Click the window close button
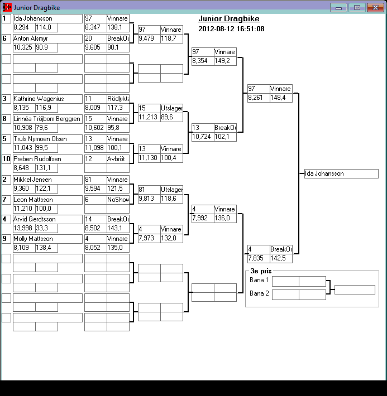click(x=374, y=7)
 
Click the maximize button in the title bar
click(x=356, y=7)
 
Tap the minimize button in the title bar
click(x=338, y=7)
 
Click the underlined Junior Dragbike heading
click(x=229, y=19)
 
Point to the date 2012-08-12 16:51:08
click(x=231, y=29)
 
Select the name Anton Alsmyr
click(x=47, y=38)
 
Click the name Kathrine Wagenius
click(x=47, y=99)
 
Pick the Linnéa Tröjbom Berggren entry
click(x=47, y=119)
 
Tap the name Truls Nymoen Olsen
click(x=47, y=139)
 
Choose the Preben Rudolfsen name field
click(x=47, y=159)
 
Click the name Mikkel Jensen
click(x=47, y=180)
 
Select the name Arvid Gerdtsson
click(x=47, y=219)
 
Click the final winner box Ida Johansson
click(x=341, y=173)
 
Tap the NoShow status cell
click(x=118, y=200)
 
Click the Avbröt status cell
click(x=118, y=159)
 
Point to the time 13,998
click(x=23, y=228)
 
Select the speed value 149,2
click(x=224, y=61)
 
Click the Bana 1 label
click(x=259, y=280)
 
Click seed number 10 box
click(x=6, y=159)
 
